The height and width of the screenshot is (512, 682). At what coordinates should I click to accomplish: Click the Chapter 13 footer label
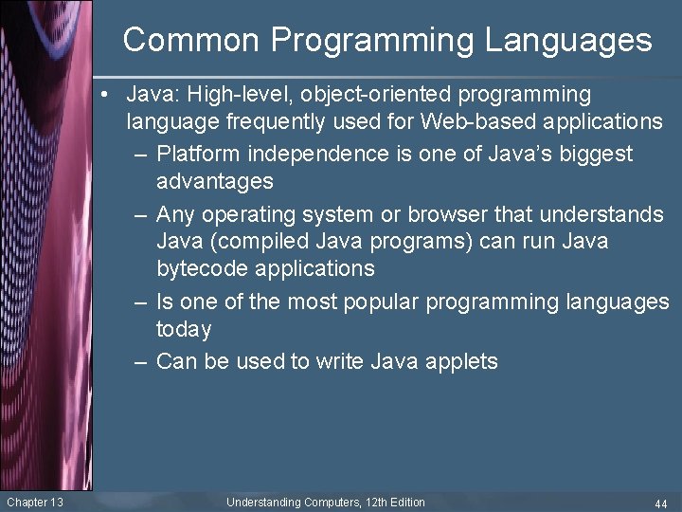click(x=34, y=503)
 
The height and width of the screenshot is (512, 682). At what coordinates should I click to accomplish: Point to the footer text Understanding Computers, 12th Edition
click(x=325, y=503)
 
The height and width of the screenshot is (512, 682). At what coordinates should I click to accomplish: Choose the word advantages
click(x=215, y=181)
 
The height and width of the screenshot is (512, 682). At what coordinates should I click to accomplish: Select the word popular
click(x=375, y=302)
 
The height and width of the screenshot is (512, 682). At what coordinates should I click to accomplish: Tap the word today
click(x=184, y=329)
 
